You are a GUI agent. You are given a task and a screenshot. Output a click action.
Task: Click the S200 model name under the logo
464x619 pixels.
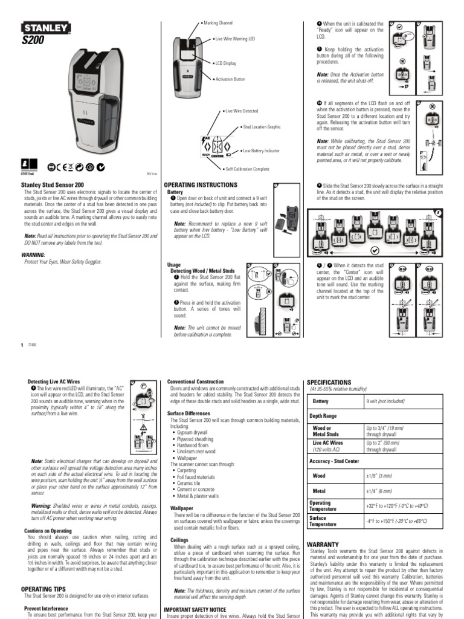coord(33,40)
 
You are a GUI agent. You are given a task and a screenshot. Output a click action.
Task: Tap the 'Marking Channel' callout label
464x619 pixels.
coord(220,22)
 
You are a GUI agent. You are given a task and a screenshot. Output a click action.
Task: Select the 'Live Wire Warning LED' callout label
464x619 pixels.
coord(235,38)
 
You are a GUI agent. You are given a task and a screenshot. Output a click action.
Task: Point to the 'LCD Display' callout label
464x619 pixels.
coord(227,62)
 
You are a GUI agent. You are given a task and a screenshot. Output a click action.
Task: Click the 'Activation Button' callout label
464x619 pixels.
coord(230,79)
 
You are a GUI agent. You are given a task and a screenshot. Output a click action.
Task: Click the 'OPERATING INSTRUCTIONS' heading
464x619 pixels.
coord(201,184)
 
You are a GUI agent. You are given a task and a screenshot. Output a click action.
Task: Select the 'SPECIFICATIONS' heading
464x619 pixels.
coord(329,383)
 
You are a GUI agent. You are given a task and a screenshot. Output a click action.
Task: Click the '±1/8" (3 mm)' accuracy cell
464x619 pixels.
coord(379,476)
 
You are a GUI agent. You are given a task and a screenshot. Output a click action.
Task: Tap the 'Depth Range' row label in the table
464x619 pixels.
coord(325,416)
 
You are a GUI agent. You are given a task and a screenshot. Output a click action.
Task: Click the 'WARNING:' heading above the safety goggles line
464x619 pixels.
coord(34,255)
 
